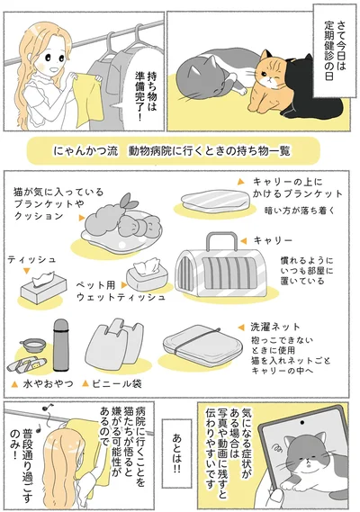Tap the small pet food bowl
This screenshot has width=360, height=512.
[x=33, y=344]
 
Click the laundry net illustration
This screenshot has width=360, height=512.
[x=195, y=350]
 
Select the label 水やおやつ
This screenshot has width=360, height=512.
[x=43, y=383]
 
